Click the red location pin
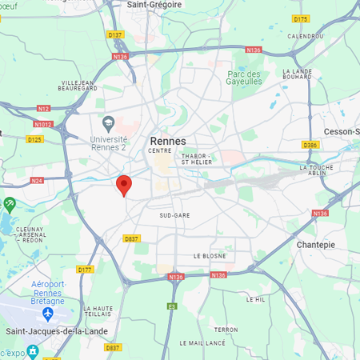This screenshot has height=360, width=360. click(123, 185)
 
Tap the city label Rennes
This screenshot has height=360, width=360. click(168, 141)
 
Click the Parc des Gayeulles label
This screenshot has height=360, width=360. click(244, 78)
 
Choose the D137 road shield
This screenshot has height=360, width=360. click(115, 35)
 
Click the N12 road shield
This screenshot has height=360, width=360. click(43, 109)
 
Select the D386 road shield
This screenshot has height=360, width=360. click(310, 145)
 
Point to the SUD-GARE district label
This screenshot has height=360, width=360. click(174, 215)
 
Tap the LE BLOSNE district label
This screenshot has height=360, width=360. click(210, 256)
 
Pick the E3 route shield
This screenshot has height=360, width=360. click(171, 306)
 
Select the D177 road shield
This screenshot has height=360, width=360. click(85, 270)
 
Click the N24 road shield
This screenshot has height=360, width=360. click(37, 181)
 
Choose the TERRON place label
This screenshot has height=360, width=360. click(226, 329)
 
